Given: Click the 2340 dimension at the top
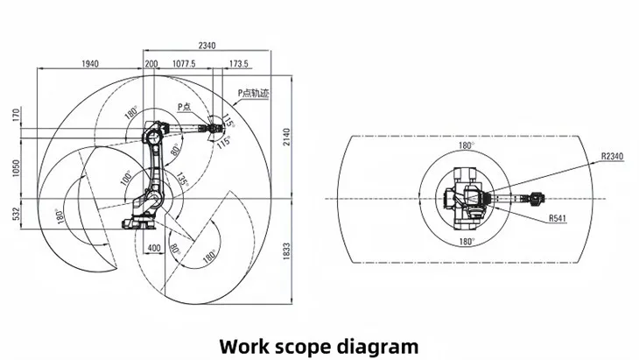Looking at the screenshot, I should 207,46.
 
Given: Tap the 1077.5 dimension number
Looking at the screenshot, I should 183,65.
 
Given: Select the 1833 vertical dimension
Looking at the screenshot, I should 286,251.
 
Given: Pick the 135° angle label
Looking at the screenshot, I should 181,179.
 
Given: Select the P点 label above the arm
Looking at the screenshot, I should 185,106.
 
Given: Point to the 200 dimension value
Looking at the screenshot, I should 151,65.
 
